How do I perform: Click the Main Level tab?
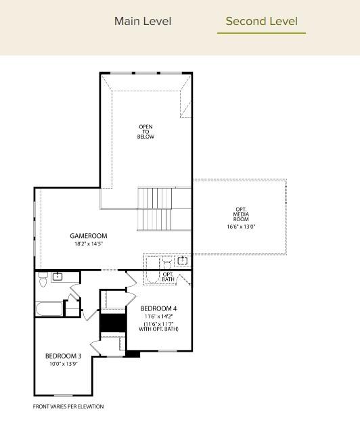coord(143,21)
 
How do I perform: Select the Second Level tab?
coord(261,21)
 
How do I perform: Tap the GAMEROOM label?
coord(89,236)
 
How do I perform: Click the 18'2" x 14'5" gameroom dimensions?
coord(89,243)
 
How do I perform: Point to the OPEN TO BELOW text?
coord(146,131)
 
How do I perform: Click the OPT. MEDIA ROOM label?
coord(241,215)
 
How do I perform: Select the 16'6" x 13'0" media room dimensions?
coord(241,227)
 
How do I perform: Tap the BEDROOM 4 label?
coord(159,308)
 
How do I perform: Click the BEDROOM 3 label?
coord(64,356)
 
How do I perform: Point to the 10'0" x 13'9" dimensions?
coord(64,364)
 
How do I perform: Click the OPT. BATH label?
coord(168,277)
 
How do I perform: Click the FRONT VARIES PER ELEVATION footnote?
coord(68,406)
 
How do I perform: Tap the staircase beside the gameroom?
coord(155,209)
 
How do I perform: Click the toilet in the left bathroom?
coord(43,279)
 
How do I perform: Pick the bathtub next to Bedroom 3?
coord(49,310)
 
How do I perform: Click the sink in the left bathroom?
coord(58,276)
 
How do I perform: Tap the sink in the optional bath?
coord(181,260)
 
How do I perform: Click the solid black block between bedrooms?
coord(113,323)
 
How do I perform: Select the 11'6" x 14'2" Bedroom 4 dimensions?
coord(159,316)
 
